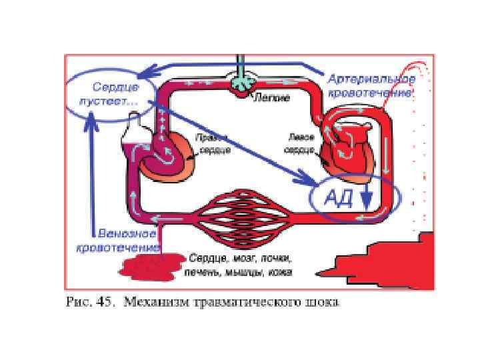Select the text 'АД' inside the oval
coord(338,198)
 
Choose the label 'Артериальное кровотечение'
coord(372,86)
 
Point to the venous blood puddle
coord(149,267)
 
